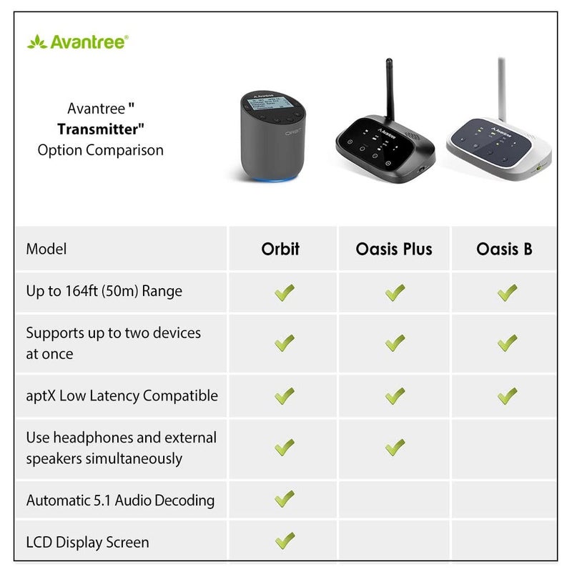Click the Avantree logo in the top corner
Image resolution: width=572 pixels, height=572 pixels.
tap(77, 41)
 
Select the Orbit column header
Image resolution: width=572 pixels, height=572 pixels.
tap(280, 249)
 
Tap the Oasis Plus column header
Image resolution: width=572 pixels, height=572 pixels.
tap(394, 249)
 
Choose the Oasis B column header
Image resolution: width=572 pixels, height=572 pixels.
tap(504, 249)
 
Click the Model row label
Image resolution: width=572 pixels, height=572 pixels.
tap(46, 249)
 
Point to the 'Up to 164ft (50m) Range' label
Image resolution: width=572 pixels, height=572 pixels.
tap(104, 291)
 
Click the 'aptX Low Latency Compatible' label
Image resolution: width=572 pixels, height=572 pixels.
tap(122, 395)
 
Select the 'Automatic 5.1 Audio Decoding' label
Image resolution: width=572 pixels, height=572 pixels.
tap(120, 500)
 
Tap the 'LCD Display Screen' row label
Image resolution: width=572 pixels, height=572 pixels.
tap(87, 542)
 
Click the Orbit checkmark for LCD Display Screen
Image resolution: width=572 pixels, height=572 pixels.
tap(285, 541)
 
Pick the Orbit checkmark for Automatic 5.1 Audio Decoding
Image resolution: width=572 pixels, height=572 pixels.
tap(285, 498)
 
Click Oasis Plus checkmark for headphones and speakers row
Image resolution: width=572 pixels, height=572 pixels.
tap(395, 447)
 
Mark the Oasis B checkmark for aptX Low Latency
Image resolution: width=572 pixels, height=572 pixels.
tap(507, 395)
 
